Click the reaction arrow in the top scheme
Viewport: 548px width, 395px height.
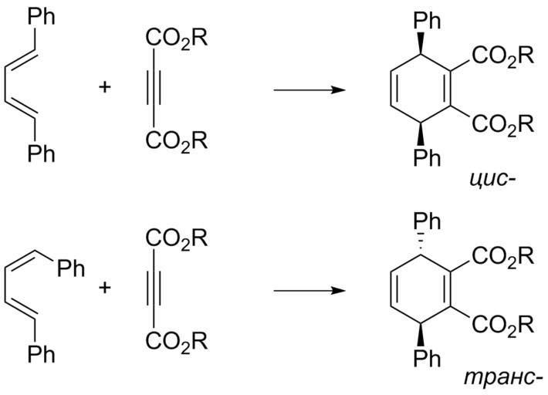(310, 90)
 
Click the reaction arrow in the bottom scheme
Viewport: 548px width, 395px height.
(310, 291)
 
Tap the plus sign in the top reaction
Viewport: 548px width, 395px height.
(105, 87)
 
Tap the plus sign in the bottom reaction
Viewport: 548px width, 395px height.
(105, 288)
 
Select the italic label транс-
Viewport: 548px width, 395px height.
(504, 378)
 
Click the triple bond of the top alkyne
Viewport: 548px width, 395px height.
(154, 87)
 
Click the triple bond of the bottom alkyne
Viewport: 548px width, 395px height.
(154, 288)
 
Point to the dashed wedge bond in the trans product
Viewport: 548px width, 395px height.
(421, 241)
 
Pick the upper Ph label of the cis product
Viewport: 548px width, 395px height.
(427, 21)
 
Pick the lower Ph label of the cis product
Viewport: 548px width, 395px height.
(427, 158)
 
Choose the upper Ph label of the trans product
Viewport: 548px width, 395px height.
(427, 221)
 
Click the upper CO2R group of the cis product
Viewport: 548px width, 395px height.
(503, 56)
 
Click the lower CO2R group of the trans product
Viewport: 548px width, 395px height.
(503, 325)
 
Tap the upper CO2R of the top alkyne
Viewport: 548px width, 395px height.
(177, 38)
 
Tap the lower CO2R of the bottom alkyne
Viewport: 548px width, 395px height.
(177, 342)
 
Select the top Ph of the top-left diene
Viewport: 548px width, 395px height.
(41, 16)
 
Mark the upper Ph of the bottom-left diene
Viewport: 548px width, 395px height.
(71, 268)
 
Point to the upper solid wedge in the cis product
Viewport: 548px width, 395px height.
(421, 43)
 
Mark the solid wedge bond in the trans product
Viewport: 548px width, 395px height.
(421, 336)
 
